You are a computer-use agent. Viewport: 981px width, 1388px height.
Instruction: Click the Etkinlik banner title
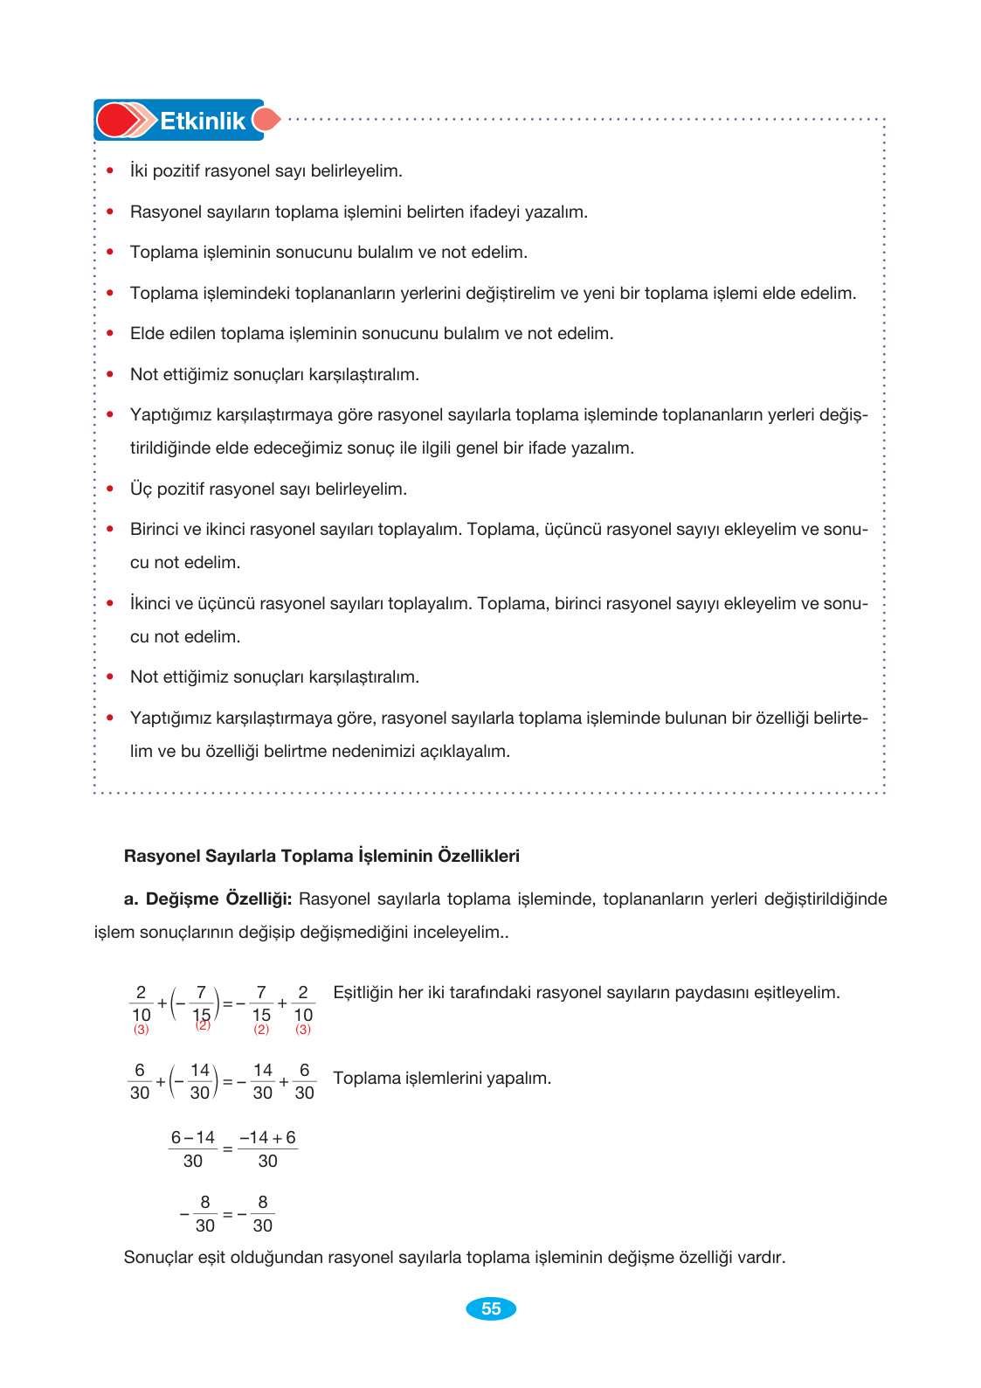[202, 121]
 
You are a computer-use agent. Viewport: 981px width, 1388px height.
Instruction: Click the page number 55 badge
[491, 1308]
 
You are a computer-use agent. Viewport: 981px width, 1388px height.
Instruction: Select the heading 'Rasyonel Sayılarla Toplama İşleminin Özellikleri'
[321, 856]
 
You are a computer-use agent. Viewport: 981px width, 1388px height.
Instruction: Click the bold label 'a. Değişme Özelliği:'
[208, 899]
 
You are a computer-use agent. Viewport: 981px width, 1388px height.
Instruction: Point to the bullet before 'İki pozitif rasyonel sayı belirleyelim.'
[110, 170]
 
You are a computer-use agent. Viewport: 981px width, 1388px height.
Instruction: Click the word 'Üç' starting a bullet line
[141, 489]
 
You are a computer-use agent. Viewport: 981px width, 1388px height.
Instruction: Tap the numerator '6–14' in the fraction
[193, 1137]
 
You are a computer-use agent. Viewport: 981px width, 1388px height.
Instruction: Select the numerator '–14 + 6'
[267, 1137]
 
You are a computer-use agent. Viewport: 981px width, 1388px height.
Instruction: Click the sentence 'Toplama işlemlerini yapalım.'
[442, 1078]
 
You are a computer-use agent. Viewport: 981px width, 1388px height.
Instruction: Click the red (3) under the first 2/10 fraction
[142, 1030]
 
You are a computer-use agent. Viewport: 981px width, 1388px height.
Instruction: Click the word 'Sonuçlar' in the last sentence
[158, 1257]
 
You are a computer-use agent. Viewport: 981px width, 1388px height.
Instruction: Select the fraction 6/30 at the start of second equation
[140, 1081]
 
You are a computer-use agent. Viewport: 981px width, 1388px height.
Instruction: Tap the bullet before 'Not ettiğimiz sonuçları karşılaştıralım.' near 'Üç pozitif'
[110, 677]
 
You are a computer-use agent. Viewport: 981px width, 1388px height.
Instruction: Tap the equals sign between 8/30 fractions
[227, 1214]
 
